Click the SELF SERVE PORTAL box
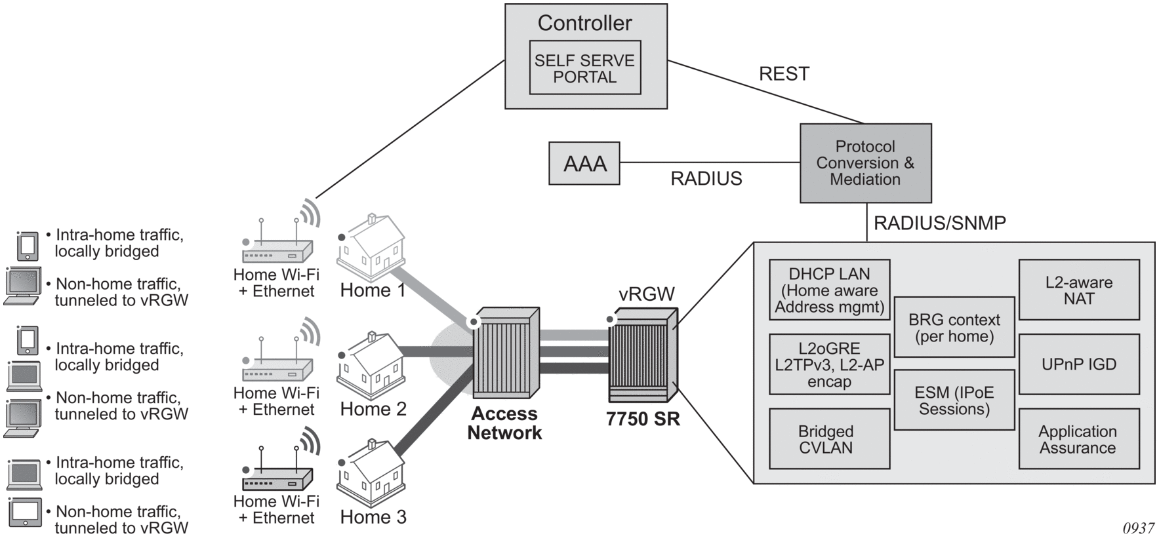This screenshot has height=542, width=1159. point(584,68)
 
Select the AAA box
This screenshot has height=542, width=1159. point(584,163)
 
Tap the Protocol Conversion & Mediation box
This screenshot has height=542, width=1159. point(865,163)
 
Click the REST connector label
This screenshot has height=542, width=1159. point(784,74)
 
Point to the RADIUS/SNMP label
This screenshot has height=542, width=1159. point(939,223)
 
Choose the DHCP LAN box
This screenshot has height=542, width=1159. point(829,290)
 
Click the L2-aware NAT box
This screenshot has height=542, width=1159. point(1078,290)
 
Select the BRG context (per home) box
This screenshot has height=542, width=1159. point(954,328)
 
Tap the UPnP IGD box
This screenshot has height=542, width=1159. point(1078,364)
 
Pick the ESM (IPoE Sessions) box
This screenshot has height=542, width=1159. point(954,400)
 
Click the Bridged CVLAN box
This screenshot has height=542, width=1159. point(829,439)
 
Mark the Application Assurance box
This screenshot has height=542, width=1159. point(1078,439)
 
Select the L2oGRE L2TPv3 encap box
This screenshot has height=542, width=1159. point(829,365)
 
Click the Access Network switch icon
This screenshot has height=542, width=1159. point(505,354)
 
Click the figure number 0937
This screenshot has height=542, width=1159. point(1138,528)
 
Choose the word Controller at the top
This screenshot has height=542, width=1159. point(584,23)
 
